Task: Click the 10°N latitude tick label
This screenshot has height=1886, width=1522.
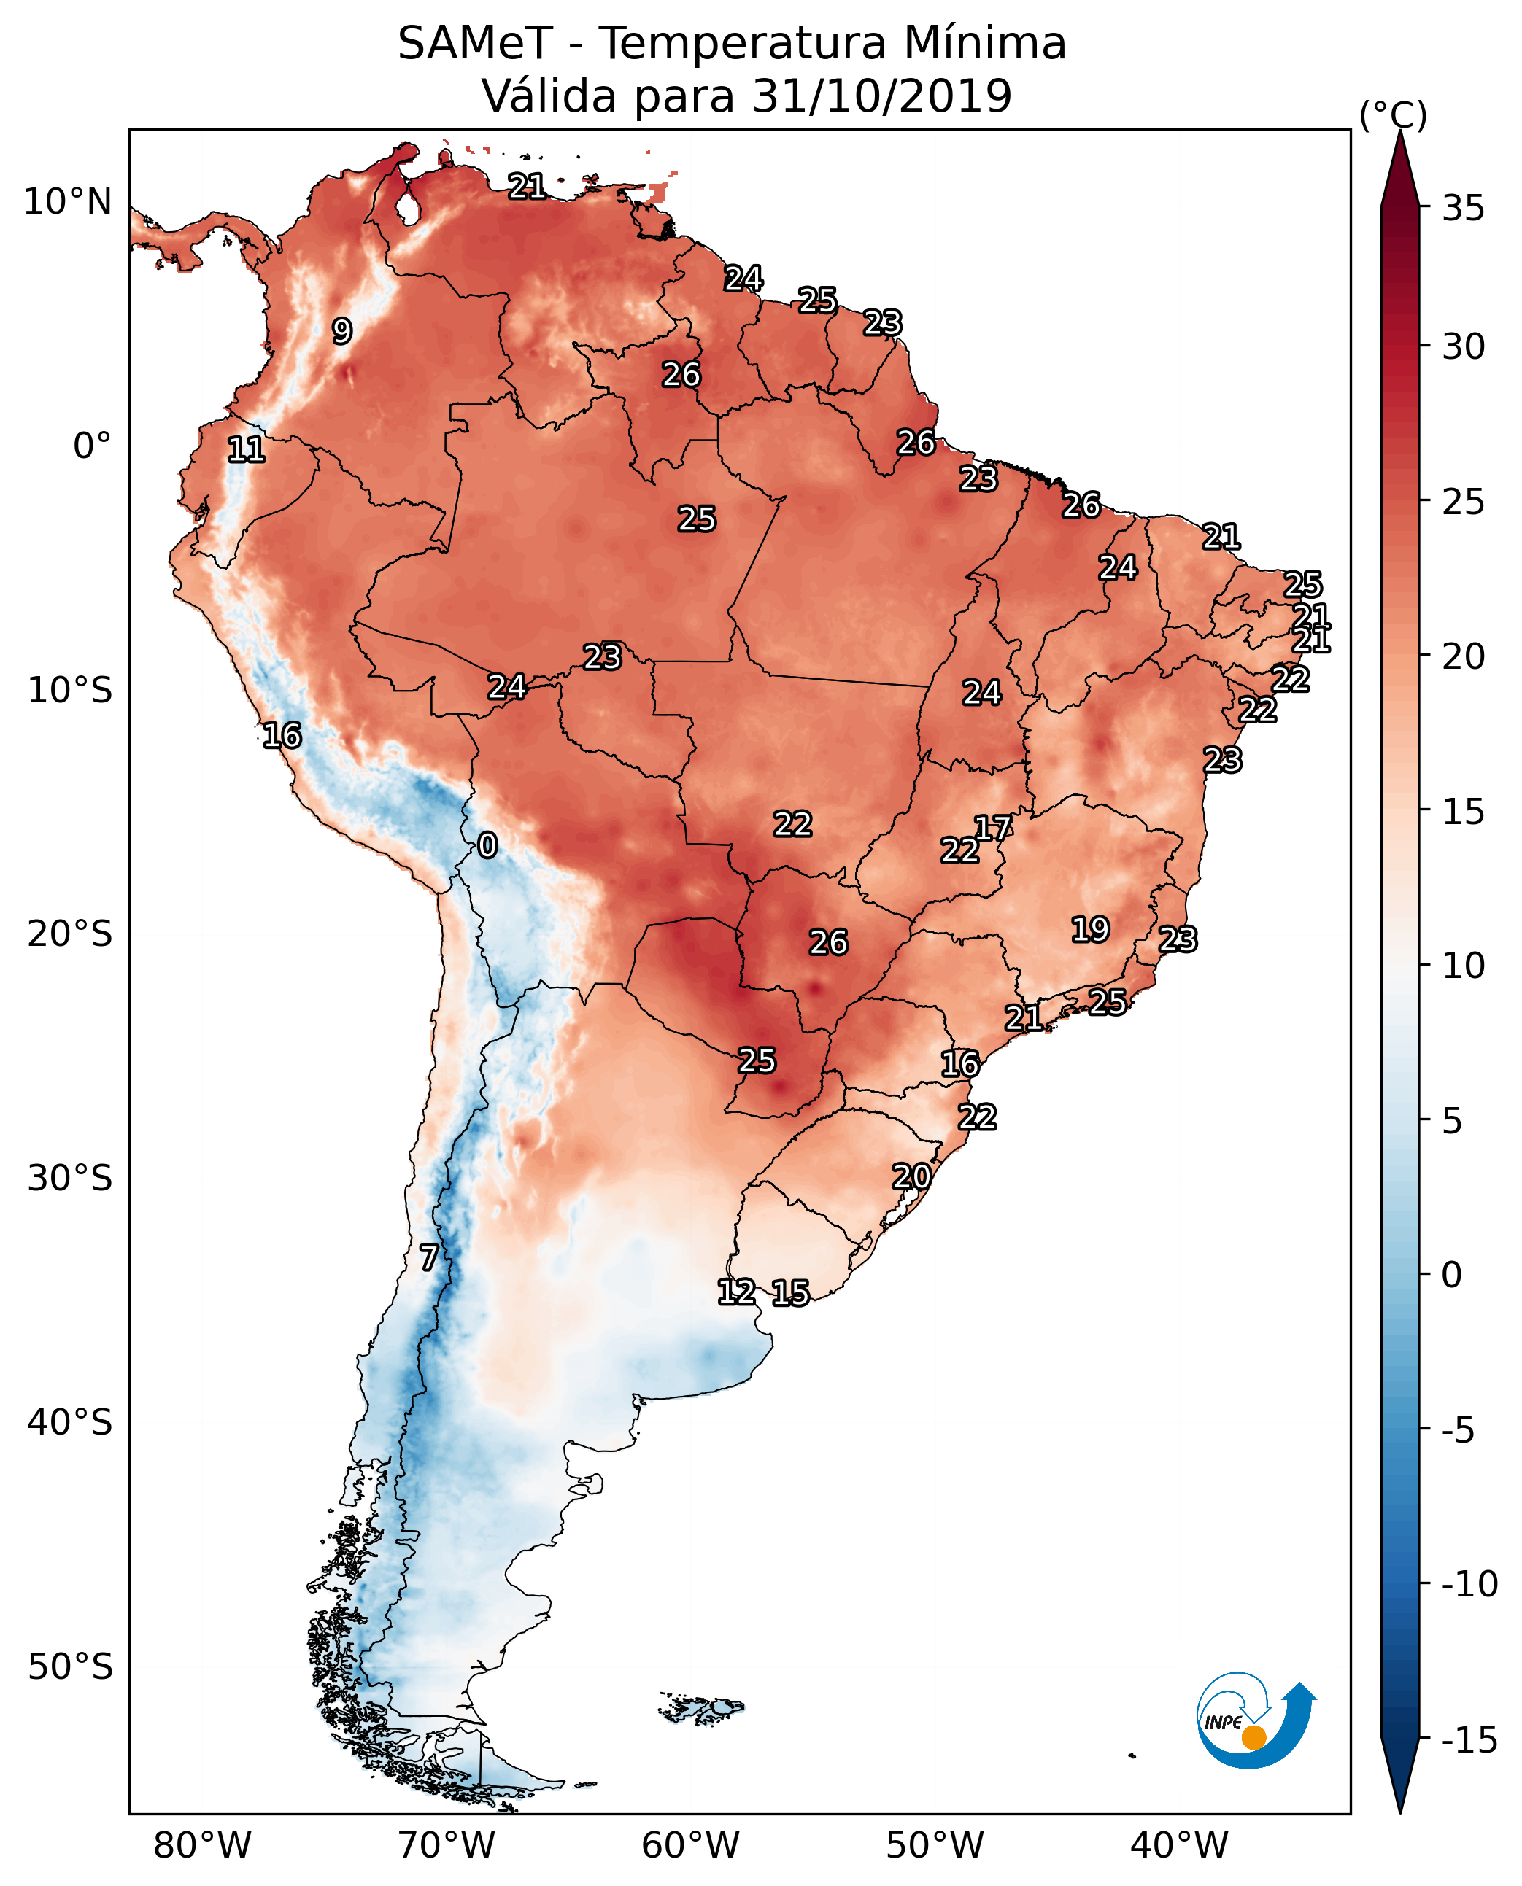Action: click(68, 203)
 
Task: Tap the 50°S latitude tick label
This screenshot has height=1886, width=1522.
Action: click(70, 1667)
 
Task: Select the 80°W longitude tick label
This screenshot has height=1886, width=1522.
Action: click(203, 1845)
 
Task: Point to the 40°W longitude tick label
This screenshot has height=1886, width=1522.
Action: click(1179, 1845)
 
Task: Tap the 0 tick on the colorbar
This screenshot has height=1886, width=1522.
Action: click(1452, 1275)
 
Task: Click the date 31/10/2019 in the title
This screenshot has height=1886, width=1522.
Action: click(882, 96)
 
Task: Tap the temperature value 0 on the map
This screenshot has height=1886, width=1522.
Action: click(487, 846)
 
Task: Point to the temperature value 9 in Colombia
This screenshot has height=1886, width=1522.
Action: click(342, 331)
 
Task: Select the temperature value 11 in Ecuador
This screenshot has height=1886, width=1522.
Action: click(247, 451)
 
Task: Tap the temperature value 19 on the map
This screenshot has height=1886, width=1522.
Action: click(1091, 930)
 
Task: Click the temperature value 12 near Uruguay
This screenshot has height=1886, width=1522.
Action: click(736, 1292)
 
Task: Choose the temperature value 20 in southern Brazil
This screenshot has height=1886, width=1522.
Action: click(912, 1177)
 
